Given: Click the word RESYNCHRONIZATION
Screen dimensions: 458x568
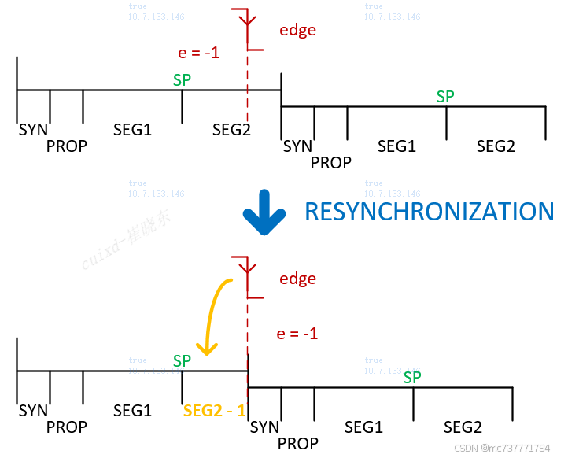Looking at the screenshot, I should [x=429, y=212].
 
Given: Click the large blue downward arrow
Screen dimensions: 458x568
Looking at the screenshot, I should [x=263, y=212].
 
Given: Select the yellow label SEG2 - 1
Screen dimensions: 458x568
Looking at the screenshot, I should [x=214, y=411].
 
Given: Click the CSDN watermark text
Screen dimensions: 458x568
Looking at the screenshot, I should [x=502, y=448].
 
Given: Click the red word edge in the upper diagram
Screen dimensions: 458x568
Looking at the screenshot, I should [x=297, y=31].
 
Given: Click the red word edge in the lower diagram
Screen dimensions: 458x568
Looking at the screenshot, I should [x=297, y=279].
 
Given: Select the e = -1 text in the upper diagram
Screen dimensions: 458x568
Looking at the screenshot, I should [x=199, y=54].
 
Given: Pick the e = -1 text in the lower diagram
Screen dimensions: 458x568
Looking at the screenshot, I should [x=297, y=334].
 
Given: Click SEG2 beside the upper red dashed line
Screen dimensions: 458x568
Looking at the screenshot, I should [x=231, y=129].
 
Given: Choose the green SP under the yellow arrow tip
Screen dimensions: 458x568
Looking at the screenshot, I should [x=182, y=360].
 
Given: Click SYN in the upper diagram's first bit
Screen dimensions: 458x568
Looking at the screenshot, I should [x=33, y=129].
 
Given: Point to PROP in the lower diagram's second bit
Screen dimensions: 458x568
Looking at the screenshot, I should [x=297, y=444].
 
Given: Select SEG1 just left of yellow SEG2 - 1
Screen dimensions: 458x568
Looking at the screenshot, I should [x=132, y=411].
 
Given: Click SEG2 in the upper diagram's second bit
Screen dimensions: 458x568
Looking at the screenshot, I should [x=496, y=146].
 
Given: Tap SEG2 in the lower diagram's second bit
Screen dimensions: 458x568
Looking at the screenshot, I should [x=463, y=427].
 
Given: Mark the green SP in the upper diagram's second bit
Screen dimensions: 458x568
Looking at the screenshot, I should [x=445, y=97].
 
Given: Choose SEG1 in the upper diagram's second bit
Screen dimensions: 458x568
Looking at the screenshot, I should [x=396, y=146].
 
